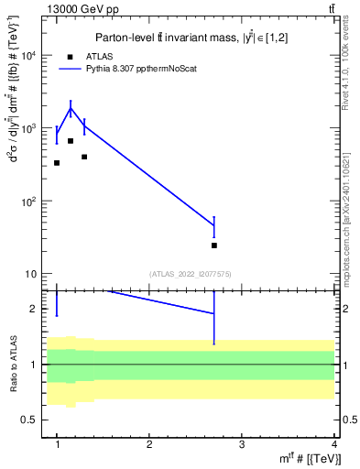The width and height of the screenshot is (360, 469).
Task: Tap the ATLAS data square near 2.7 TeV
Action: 214,245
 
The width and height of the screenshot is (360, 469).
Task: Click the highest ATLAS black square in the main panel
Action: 71,141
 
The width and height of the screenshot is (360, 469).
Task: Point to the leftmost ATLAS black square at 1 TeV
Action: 57,163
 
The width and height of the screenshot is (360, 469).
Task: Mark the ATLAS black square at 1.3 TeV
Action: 84,157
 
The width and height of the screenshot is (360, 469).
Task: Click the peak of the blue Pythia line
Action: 71,109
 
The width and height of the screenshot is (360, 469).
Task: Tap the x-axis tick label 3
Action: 241,444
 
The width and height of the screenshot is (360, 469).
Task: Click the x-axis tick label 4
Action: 333,444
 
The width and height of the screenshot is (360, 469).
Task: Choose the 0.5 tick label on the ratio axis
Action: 29,420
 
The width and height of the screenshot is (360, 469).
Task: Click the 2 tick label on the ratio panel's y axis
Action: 34,309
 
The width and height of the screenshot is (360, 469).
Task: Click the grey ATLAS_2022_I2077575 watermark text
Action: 190,274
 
